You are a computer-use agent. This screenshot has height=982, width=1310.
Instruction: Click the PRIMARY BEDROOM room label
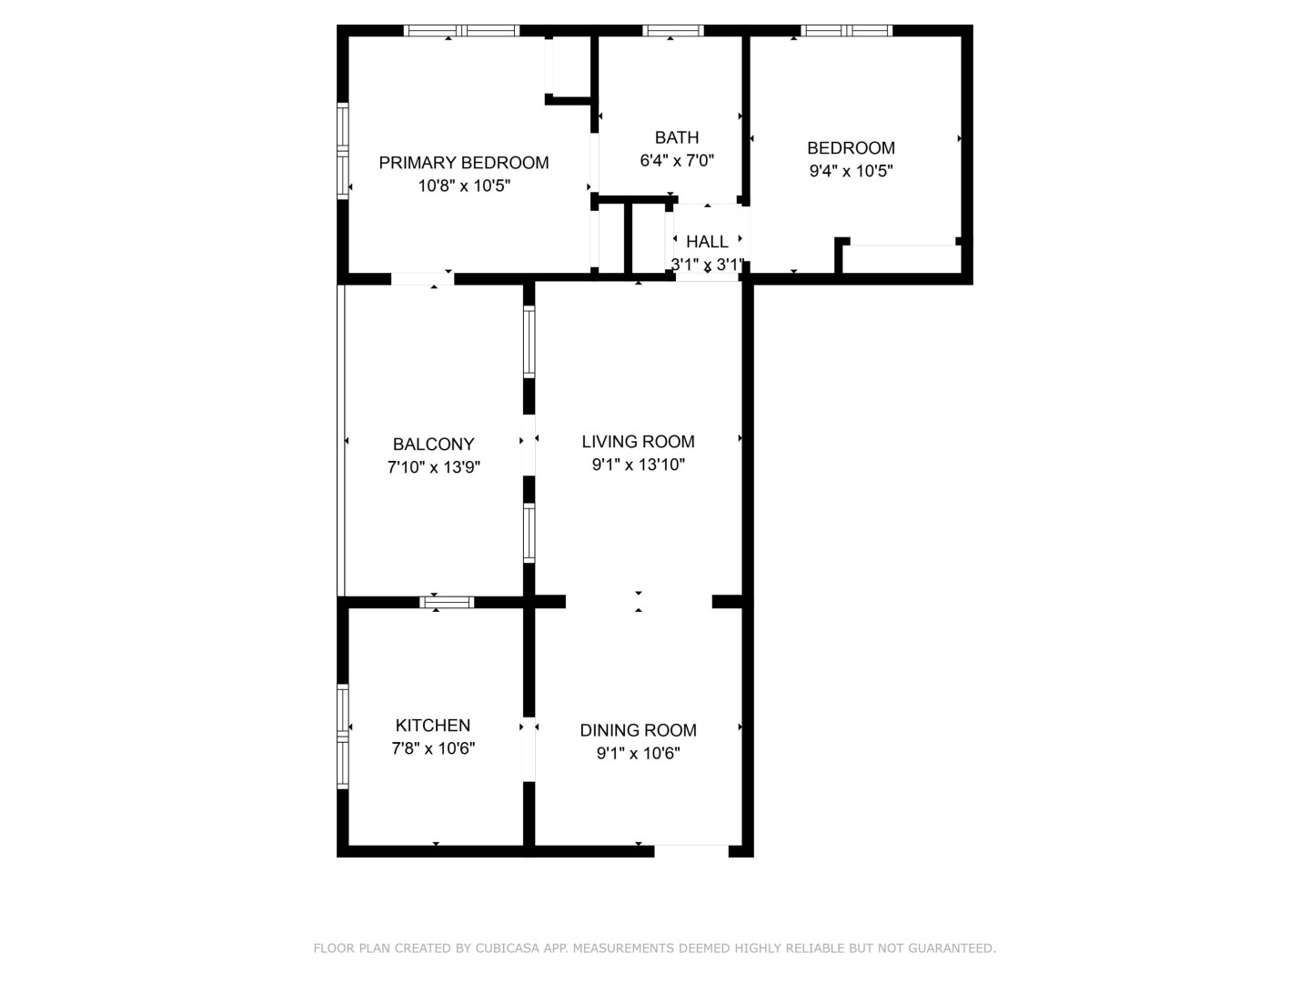click(464, 163)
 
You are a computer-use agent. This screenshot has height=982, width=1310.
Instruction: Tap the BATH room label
click(677, 137)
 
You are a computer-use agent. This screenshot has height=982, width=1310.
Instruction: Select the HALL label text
click(707, 242)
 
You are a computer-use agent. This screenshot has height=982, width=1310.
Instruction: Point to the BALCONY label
click(433, 445)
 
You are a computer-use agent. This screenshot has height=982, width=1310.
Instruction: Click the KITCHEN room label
click(433, 725)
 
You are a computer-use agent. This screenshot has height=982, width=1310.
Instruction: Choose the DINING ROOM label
click(638, 730)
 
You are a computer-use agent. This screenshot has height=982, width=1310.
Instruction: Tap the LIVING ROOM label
click(638, 441)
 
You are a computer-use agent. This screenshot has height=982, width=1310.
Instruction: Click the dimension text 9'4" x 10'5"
click(851, 171)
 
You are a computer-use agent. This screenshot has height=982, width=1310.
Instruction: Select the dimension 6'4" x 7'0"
click(677, 160)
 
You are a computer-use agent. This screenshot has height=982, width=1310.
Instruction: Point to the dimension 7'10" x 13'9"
click(434, 466)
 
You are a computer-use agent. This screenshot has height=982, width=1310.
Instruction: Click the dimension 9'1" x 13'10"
click(638, 465)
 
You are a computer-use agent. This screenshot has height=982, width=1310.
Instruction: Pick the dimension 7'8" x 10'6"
click(433, 747)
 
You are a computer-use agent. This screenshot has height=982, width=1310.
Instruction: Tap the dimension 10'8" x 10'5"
click(464, 186)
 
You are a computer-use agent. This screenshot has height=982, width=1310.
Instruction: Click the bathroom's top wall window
click(673, 30)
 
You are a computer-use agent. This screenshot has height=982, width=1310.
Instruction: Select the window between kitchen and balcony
click(447, 602)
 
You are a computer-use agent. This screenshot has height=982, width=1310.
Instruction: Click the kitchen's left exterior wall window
click(343, 736)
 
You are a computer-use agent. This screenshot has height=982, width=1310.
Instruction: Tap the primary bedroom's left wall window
click(343, 152)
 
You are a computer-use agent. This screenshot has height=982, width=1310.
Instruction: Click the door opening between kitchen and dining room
click(529, 749)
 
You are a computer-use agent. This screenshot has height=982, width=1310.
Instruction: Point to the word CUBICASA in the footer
click(508, 948)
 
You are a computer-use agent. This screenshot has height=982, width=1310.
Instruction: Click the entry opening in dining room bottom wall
click(691, 851)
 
